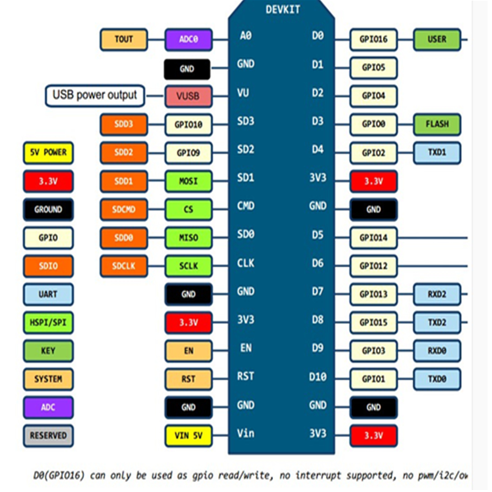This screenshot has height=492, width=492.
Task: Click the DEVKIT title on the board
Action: [x=282, y=9]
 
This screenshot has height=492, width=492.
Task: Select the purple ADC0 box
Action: [x=188, y=40]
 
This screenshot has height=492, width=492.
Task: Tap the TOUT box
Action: [x=123, y=39]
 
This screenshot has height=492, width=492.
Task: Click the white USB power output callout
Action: [x=95, y=95]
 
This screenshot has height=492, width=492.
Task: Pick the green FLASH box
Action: [x=437, y=124]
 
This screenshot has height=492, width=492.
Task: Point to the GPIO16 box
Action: [x=373, y=40]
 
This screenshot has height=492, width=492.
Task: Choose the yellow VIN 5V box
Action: [x=188, y=435]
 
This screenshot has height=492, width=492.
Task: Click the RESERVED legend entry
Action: [x=48, y=435]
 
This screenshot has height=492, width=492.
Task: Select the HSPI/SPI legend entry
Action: [x=48, y=323]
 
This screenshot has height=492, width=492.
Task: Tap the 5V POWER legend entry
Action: [x=48, y=153]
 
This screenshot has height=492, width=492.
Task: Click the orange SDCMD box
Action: [x=123, y=210]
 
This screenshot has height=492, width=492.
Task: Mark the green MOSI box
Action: [x=188, y=182]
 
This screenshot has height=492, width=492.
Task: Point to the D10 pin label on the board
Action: [x=317, y=377]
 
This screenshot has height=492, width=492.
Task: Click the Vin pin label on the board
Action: [x=246, y=433]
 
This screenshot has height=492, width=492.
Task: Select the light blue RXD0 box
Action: [x=437, y=351]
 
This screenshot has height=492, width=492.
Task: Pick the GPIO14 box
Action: [x=373, y=238]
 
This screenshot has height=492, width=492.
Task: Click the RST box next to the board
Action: [x=188, y=379]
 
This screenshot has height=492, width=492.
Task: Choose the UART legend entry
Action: [x=48, y=294]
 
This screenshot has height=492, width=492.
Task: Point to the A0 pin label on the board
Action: [x=246, y=35]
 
